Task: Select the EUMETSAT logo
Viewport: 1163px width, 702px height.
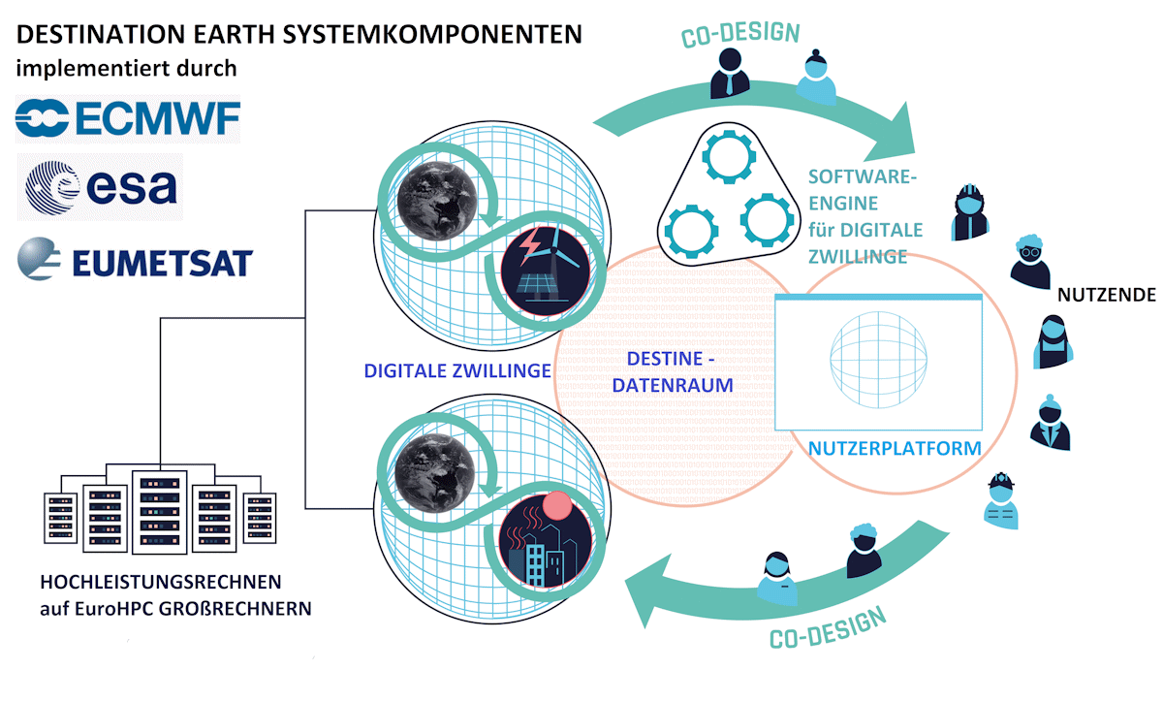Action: click(x=135, y=261)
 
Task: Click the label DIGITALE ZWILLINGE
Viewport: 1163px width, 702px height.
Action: click(x=457, y=370)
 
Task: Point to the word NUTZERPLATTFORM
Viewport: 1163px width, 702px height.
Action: click(x=895, y=449)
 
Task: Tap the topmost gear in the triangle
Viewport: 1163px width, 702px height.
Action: click(x=732, y=158)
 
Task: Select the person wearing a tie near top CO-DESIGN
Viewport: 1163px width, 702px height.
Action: click(x=729, y=74)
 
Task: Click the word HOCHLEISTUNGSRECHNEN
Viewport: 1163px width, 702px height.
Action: click(x=160, y=583)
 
